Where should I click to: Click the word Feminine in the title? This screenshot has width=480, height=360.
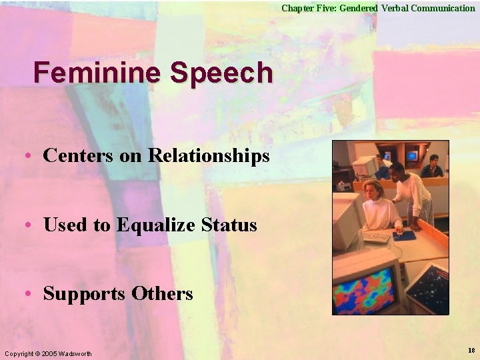pos(97,73)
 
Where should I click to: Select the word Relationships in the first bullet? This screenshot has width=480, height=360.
pos(209,156)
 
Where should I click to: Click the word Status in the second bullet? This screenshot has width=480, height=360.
pos(229,225)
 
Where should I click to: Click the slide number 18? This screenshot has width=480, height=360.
pos(471,351)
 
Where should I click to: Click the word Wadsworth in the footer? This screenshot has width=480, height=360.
pos(76,353)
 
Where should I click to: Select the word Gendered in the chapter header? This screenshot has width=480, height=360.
pos(359,8)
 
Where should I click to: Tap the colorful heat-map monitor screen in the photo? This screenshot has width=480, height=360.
pos(366,290)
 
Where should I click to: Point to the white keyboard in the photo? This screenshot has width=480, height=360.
pos(375,237)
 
